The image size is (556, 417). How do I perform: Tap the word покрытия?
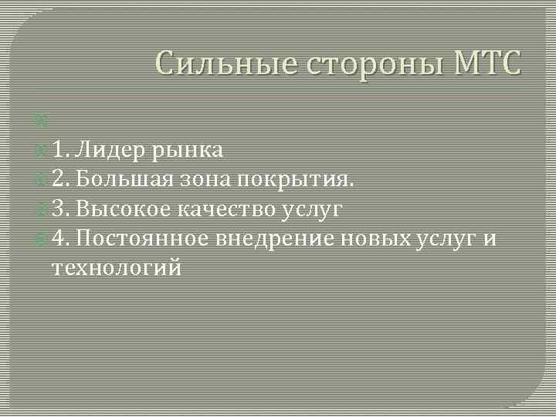coord(297,181)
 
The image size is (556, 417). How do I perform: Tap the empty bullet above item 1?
coord(41,120)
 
